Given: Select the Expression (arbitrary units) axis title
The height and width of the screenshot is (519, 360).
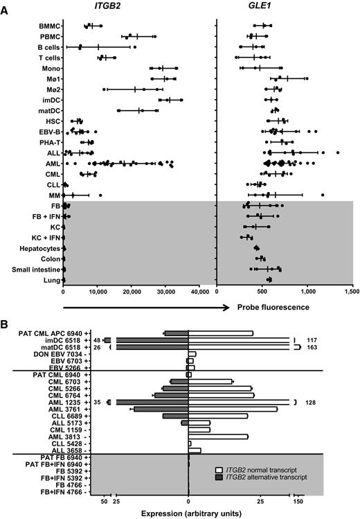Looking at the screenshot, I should pos(188,513).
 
